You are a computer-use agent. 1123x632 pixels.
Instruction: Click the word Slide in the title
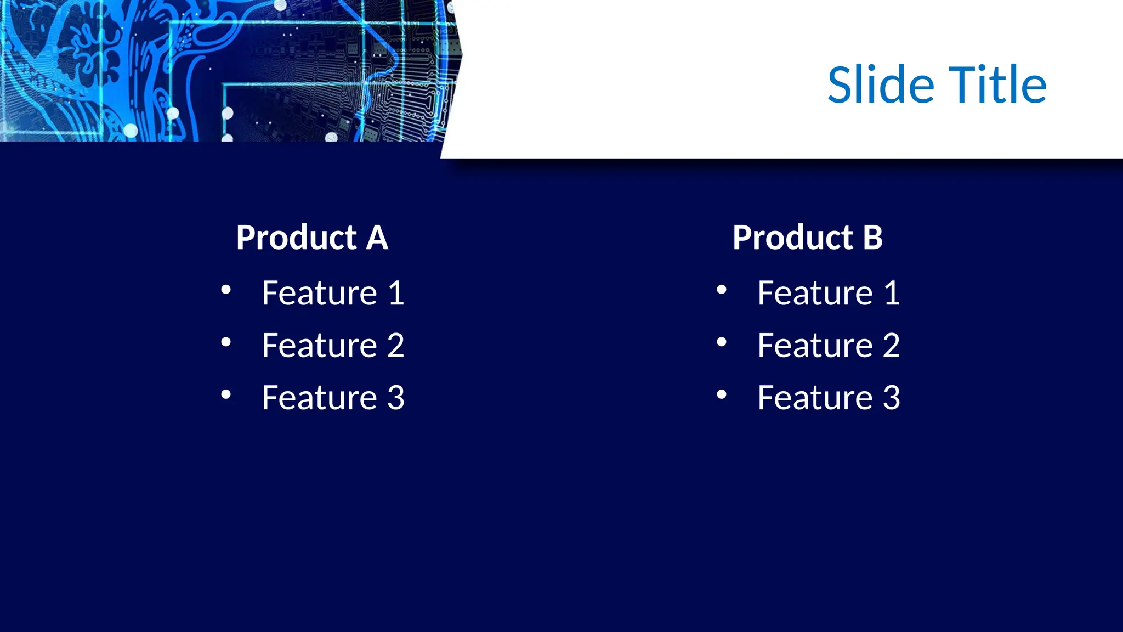point(880,85)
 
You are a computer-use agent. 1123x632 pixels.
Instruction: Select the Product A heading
point(312,238)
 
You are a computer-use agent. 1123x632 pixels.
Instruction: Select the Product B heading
point(808,238)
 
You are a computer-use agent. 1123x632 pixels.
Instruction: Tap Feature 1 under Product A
point(333,293)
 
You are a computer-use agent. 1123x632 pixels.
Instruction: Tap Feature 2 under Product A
point(333,346)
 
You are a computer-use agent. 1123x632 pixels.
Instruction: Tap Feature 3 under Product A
point(333,398)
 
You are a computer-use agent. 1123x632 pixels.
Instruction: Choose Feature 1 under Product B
point(829,293)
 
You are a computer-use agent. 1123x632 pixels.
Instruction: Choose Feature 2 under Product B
point(829,346)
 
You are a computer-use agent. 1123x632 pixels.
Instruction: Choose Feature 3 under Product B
point(829,398)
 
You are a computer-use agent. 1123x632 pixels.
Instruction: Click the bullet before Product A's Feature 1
point(226,290)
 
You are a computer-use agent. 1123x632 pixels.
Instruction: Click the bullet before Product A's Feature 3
point(226,394)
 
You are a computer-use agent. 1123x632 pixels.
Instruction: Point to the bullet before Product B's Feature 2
point(722,342)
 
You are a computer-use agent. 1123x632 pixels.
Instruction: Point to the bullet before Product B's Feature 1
point(722,290)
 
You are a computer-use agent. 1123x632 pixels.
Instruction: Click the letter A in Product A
point(377,238)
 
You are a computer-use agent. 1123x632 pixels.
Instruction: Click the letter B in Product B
point(872,238)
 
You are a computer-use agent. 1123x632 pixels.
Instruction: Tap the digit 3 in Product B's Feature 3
point(892,398)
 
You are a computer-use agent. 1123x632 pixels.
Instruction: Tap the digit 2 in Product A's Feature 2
point(395,346)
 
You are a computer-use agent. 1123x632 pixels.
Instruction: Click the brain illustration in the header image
point(82,49)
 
